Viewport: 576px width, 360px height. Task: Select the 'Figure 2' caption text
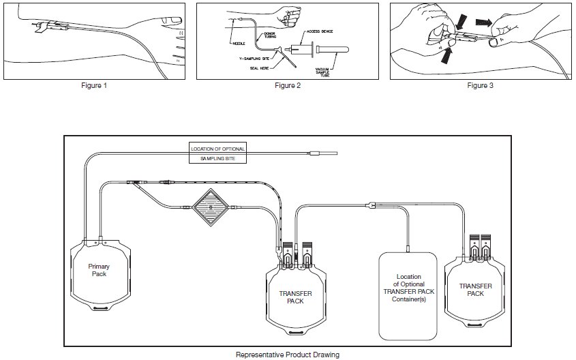point(287,86)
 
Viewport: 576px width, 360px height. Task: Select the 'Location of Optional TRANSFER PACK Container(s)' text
point(407,292)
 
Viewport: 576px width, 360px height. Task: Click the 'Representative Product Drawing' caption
point(287,355)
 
